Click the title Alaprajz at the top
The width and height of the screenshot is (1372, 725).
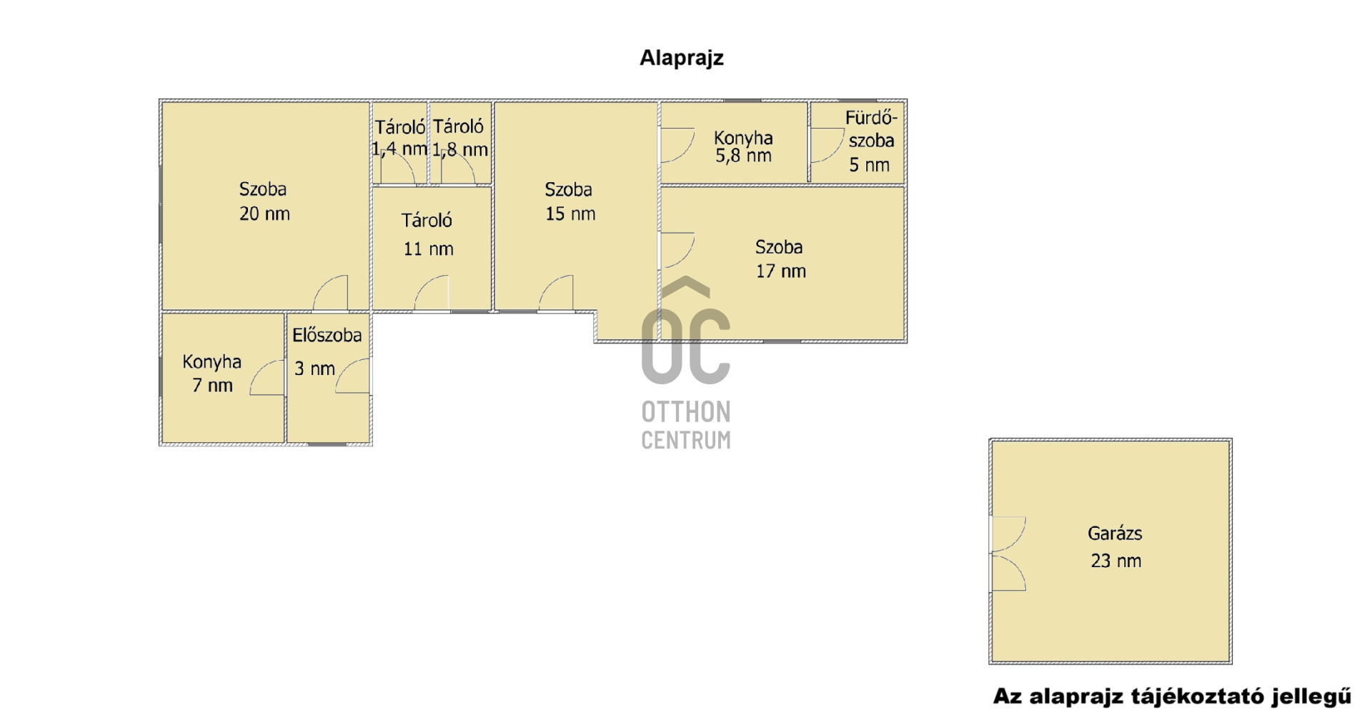coord(681,59)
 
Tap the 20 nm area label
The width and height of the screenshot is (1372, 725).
coord(264,214)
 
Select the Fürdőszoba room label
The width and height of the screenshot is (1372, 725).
coord(871,129)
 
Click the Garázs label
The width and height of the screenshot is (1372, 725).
coord(1115,534)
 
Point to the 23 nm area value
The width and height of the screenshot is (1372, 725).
coord(1115,561)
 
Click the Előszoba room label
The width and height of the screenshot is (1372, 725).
coord(327,335)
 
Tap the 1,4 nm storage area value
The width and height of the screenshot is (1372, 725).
coord(399,149)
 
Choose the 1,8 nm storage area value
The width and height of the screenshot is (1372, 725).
coord(460,149)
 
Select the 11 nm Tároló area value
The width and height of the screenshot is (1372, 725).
coord(428,249)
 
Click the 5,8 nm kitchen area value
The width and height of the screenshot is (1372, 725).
coord(743,156)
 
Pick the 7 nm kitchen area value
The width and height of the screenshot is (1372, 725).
coord(212,386)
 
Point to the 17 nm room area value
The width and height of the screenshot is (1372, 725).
coord(780,271)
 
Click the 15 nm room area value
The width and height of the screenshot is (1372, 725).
coord(570,214)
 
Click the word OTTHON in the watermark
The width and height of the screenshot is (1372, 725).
coord(686,412)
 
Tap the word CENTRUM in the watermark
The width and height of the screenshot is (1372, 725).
coord(686,439)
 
